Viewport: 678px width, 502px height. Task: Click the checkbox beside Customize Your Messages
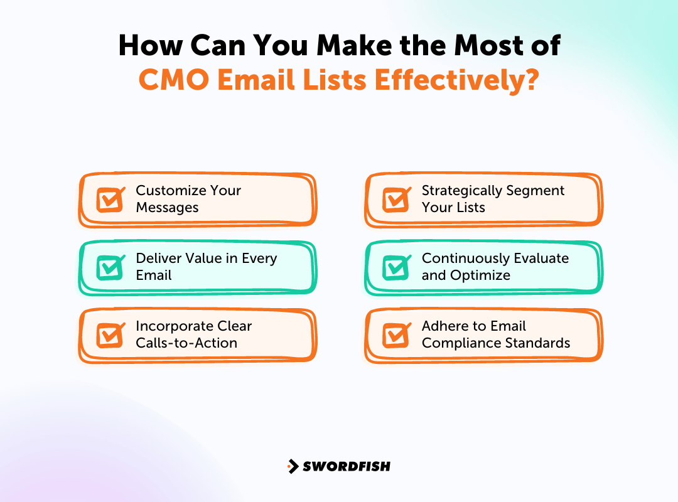tap(110, 200)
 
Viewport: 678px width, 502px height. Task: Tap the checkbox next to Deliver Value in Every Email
tap(110, 267)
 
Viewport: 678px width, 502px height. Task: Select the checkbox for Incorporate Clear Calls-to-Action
tap(110, 335)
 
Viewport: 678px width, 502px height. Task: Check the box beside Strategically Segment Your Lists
tap(396, 200)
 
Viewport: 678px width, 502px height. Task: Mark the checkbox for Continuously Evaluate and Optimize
tap(396, 267)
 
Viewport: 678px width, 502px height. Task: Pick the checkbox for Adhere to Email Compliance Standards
tap(396, 335)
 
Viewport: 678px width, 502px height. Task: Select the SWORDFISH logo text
tap(347, 466)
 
